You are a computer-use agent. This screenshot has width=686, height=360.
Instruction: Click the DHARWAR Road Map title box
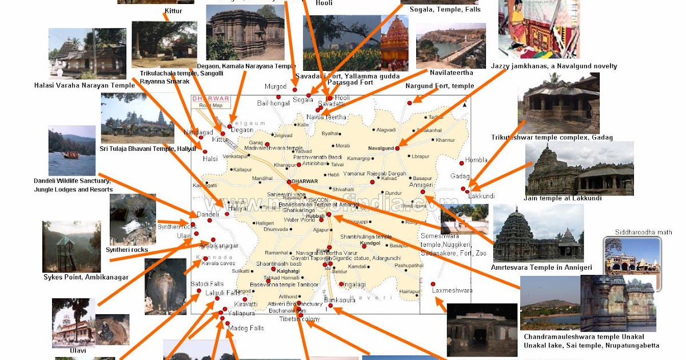pos(211,102)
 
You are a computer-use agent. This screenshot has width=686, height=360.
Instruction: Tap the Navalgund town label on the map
pos(381,148)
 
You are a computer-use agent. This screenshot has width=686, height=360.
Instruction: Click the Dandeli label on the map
pos(208,214)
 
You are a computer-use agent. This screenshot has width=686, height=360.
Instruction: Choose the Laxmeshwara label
pos(452,290)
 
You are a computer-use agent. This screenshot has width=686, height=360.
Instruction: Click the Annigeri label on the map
pos(421,185)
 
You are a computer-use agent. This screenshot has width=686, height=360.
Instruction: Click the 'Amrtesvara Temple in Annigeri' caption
pos(541,267)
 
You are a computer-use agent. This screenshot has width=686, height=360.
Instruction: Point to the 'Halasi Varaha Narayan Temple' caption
pos(84,86)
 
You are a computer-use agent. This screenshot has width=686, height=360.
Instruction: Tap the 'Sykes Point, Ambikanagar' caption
pos(86,277)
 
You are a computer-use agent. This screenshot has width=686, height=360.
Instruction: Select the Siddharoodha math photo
pos(632,255)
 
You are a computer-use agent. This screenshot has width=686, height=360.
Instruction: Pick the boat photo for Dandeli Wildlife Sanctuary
pos(72,151)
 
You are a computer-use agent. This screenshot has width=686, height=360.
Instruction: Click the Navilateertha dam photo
pos(451,46)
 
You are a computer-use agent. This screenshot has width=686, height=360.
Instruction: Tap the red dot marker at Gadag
pos(462,188)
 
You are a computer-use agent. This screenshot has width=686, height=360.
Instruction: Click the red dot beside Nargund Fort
pos(409,103)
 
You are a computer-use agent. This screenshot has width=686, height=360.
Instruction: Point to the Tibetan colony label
pos(300,319)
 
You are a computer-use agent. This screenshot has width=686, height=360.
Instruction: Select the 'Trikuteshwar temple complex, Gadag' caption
pos(552,137)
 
